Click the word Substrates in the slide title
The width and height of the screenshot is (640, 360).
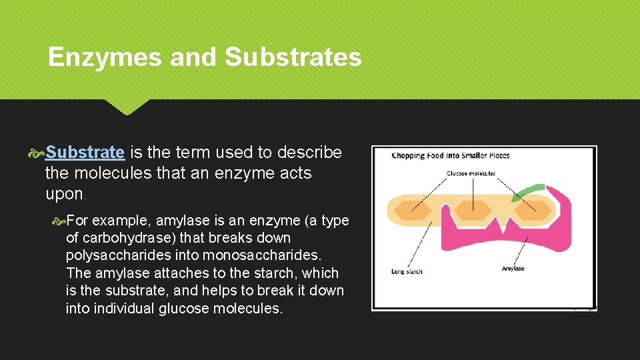(293, 57)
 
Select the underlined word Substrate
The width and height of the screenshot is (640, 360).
(85, 153)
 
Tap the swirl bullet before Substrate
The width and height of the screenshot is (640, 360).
(38, 153)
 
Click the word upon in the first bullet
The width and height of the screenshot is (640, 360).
(64, 194)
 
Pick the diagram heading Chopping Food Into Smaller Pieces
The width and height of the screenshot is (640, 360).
(451, 156)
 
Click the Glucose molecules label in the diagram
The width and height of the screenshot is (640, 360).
(471, 173)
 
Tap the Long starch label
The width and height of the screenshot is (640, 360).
(407, 271)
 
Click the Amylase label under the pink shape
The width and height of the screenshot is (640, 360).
(513, 268)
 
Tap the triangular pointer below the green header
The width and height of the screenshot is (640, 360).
(127, 107)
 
